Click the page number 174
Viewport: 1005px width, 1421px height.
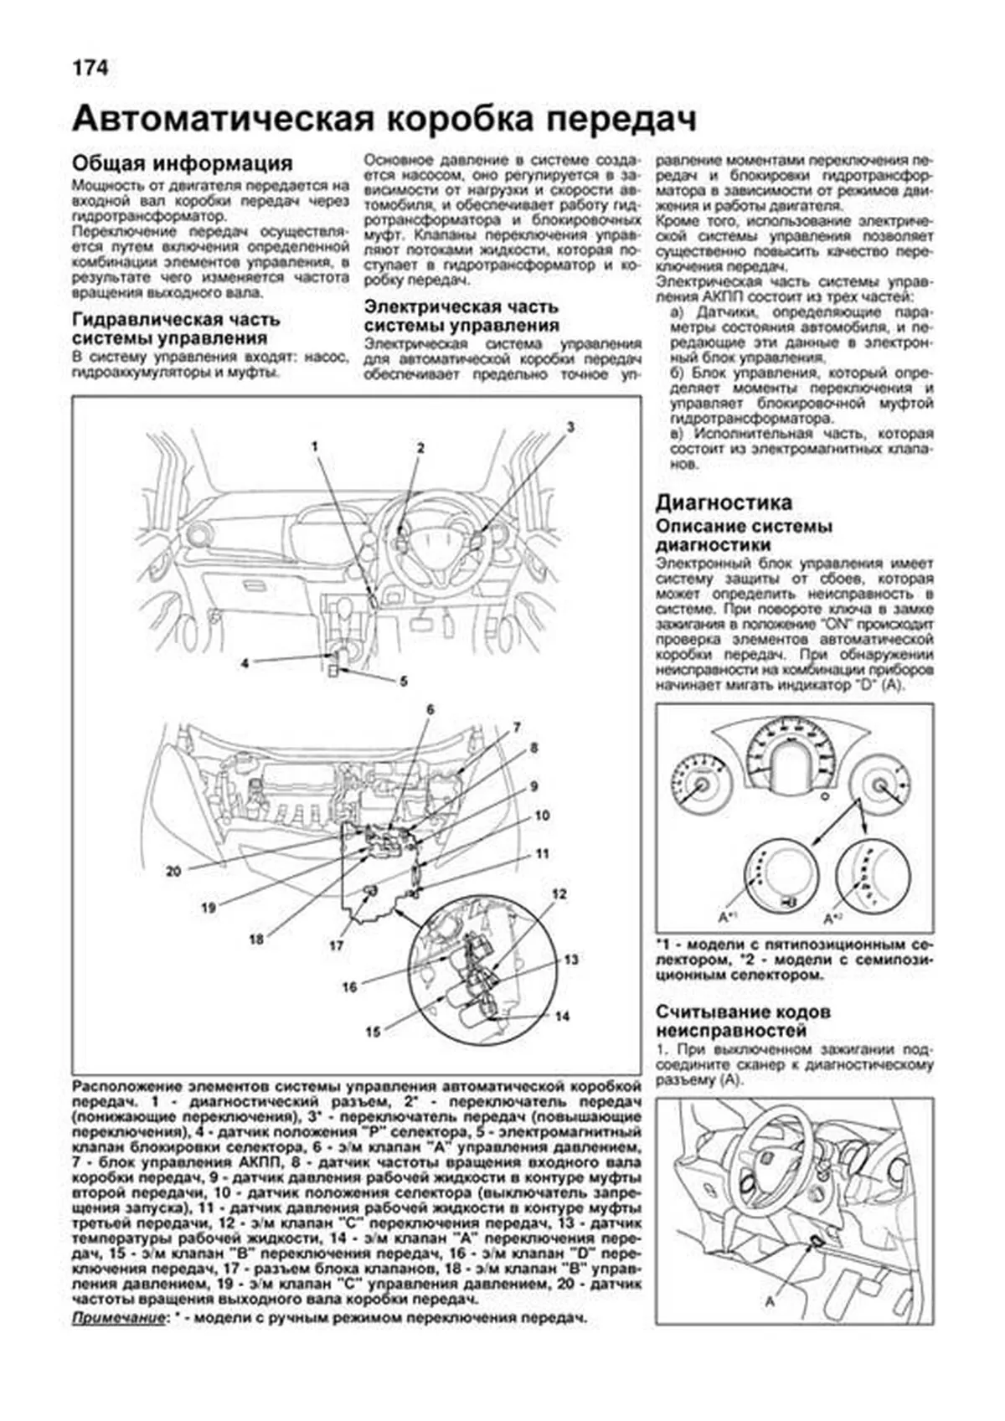click(90, 67)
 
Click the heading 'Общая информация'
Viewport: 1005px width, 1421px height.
click(182, 162)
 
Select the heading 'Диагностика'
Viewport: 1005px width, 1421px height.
click(723, 502)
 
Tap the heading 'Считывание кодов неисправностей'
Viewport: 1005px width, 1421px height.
click(744, 1021)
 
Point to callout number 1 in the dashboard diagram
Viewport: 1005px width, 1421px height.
click(316, 446)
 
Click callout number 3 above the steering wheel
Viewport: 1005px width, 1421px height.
click(570, 426)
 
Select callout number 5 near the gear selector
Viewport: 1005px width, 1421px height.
click(404, 681)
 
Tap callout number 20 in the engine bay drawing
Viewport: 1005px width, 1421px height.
click(173, 871)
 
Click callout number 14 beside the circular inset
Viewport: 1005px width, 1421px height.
click(563, 1016)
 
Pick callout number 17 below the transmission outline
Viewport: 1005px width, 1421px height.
click(336, 945)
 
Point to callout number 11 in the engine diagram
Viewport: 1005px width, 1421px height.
click(543, 854)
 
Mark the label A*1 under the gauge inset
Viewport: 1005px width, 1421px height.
click(726, 917)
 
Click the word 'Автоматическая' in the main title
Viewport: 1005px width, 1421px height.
click(222, 119)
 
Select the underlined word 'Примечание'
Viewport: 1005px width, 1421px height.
click(118, 1318)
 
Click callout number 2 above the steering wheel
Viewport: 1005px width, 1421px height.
click(421, 448)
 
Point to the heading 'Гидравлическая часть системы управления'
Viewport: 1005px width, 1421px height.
click(176, 329)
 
